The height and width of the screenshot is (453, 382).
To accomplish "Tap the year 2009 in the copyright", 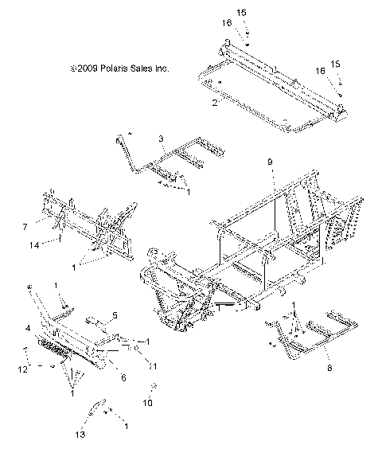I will click(85, 69).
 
